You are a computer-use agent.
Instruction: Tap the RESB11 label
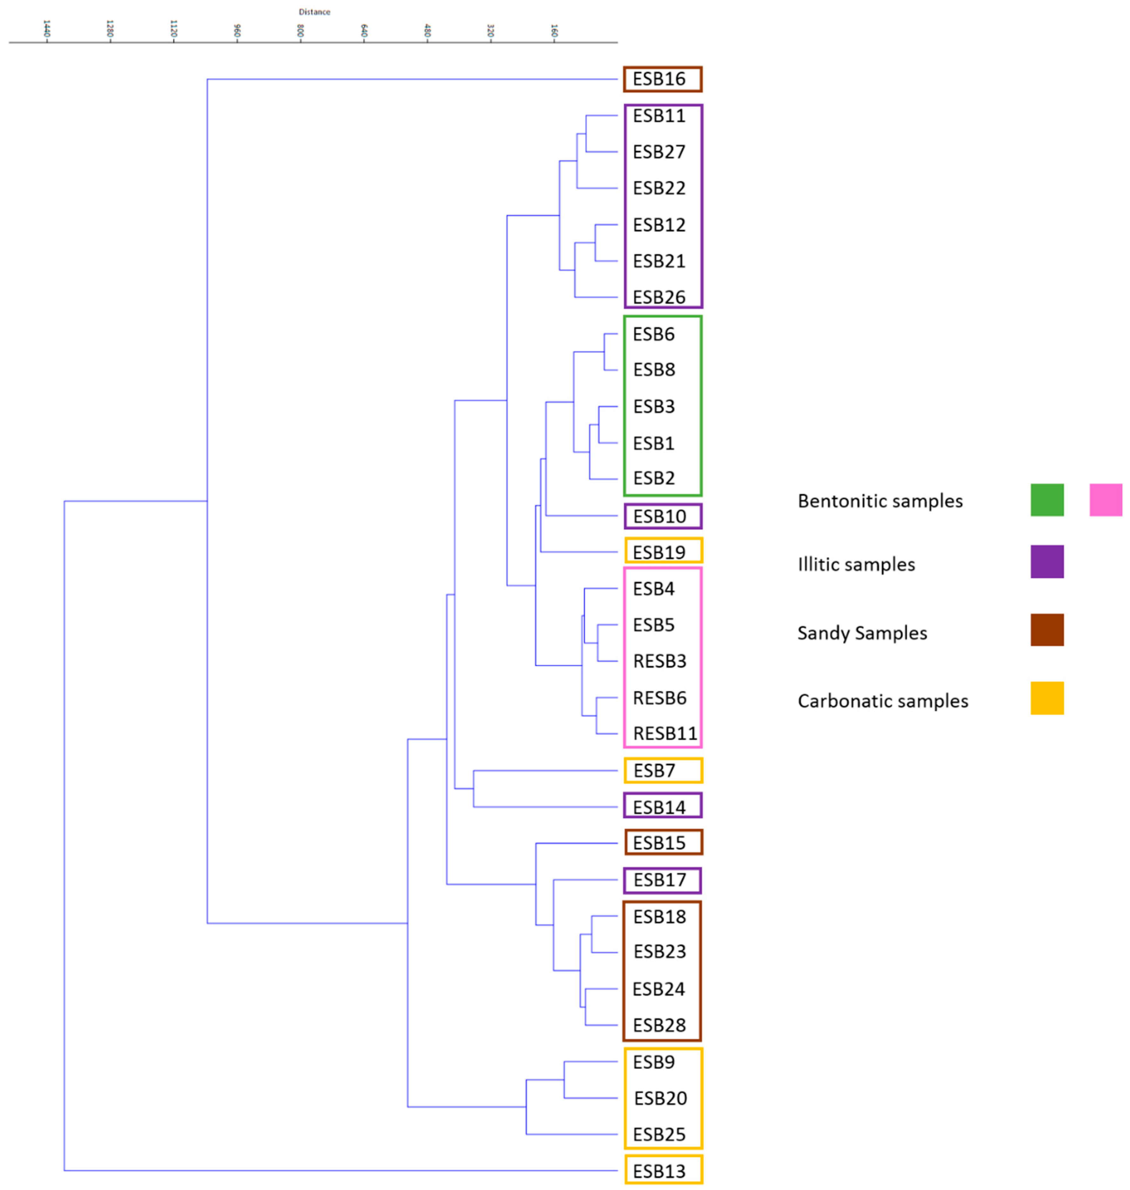pyautogui.click(x=665, y=734)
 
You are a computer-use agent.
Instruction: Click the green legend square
pyautogui.click(x=1047, y=500)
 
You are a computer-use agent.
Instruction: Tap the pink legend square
pyautogui.click(x=1106, y=500)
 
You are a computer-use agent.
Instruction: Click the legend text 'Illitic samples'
pyautogui.click(x=856, y=564)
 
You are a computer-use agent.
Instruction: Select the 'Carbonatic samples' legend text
pyautogui.click(x=882, y=701)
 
